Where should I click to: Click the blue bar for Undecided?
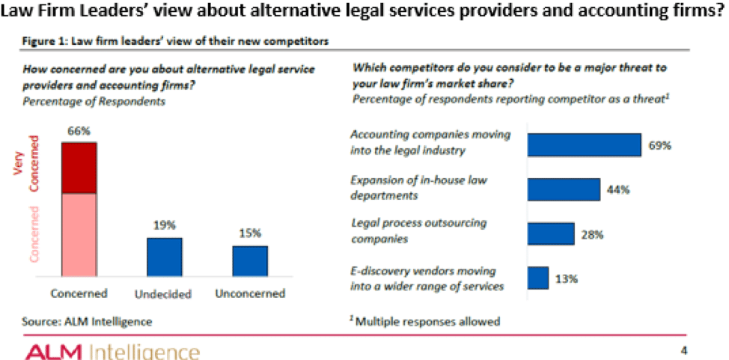tap(164, 257)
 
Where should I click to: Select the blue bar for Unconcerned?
tap(250, 261)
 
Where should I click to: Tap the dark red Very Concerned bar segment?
tap(79, 168)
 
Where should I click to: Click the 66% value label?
tap(79, 131)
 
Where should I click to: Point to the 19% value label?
tap(164, 225)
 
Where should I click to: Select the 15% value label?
tap(250, 234)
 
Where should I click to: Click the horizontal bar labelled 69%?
tap(584, 144)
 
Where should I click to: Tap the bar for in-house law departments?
tap(564, 189)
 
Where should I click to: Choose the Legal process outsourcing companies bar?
tap(550, 234)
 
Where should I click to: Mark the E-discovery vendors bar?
tap(537, 278)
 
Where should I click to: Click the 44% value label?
tap(618, 190)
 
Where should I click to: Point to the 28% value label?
tap(592, 234)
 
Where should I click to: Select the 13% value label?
tap(566, 278)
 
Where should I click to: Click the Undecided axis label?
tap(164, 293)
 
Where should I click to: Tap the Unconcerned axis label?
tap(250, 293)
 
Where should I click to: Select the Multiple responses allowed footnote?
tap(424, 322)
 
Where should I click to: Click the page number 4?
tap(683, 350)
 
